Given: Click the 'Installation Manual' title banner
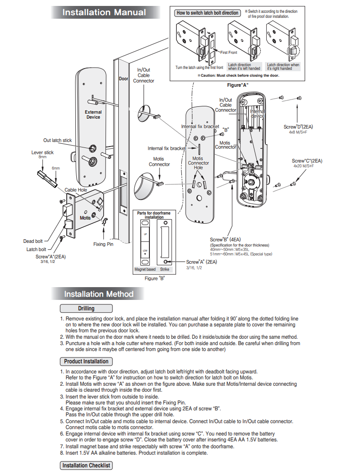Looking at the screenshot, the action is (x=105, y=12).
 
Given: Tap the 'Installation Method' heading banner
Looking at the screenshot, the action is (x=98, y=294).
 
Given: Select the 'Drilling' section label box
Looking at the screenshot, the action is (x=86, y=308).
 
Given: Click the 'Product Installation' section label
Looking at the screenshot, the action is (x=86, y=361).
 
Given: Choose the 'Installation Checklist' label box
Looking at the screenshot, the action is (x=86, y=465).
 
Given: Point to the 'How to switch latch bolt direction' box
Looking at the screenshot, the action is (x=207, y=13).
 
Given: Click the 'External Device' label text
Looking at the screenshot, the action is (x=93, y=115).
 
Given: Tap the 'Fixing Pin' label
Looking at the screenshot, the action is (x=103, y=244).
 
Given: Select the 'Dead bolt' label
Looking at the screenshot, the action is (x=33, y=241).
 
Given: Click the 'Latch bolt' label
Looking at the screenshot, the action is (x=36, y=249).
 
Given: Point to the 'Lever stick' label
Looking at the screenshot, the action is (x=42, y=152).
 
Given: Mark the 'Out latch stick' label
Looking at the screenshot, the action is (x=57, y=140).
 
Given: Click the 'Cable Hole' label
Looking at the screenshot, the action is (x=76, y=190).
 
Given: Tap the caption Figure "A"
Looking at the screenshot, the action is (x=238, y=85).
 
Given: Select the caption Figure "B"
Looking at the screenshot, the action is (x=154, y=278).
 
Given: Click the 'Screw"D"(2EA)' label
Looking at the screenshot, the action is (x=298, y=127).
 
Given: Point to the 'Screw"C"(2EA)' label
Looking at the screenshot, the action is (x=307, y=161).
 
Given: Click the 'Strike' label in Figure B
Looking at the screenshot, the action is (x=164, y=269).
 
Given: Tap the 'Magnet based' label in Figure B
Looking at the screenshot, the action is (x=145, y=269).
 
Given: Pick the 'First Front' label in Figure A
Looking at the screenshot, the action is (x=228, y=52).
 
